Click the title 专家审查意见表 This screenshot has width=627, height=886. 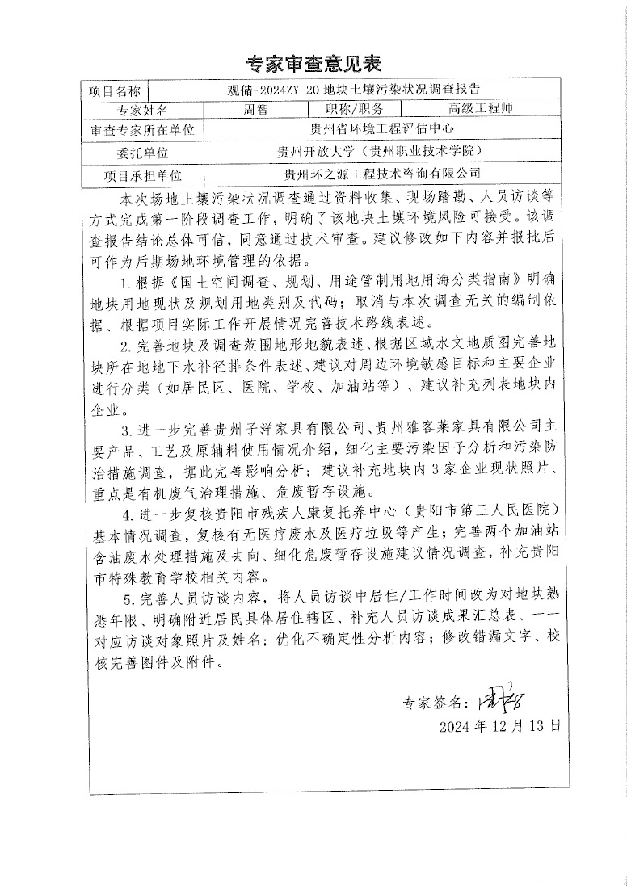[313, 63]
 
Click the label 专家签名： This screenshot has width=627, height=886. [434, 703]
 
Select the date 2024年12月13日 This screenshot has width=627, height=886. [499, 724]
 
